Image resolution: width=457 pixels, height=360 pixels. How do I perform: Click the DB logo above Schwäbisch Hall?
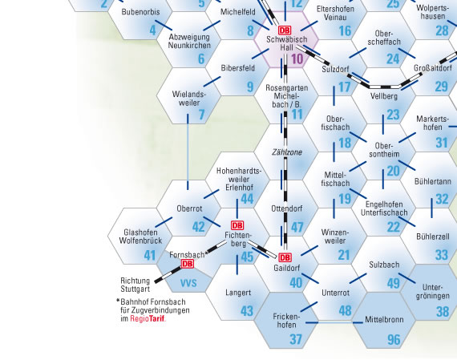(285, 30)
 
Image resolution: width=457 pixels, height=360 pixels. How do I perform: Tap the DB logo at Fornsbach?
(187, 264)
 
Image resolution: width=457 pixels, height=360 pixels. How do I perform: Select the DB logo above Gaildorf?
(285, 257)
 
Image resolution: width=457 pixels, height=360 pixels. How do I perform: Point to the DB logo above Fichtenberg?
(237, 225)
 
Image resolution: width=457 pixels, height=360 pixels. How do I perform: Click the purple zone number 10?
(297, 59)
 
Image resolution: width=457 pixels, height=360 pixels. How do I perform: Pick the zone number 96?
(394, 339)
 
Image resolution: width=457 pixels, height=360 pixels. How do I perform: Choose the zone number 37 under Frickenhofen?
(296, 339)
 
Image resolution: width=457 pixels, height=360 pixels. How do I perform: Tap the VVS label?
(188, 283)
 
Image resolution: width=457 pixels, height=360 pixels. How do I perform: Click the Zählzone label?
(287, 152)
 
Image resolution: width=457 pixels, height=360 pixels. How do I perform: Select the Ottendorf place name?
(287, 208)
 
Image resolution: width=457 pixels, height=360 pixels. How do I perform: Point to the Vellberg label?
(384, 96)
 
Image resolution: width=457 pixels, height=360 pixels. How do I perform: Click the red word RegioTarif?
(148, 318)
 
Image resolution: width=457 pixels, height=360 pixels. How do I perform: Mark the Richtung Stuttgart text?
(135, 285)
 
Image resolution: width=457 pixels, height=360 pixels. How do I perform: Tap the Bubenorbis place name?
(141, 12)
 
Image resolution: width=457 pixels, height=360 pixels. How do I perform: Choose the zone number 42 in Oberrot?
(199, 227)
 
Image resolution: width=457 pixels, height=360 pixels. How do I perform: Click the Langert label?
(238, 293)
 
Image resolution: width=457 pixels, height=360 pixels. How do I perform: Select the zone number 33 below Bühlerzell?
(442, 255)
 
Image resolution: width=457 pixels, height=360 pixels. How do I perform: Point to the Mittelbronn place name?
(384, 319)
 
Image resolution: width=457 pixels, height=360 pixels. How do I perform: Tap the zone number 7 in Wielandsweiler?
(202, 115)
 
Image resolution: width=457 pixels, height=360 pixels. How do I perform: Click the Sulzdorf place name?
(335, 70)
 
